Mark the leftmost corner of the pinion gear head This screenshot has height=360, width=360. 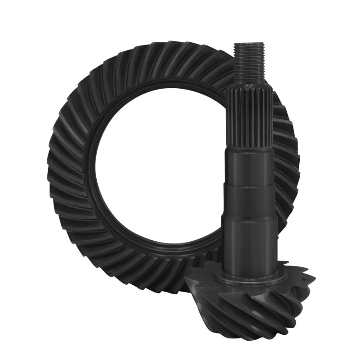185,282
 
